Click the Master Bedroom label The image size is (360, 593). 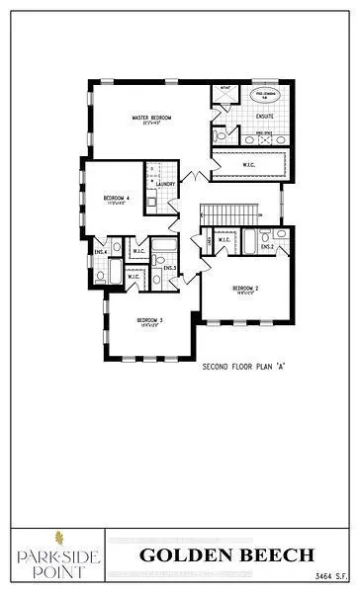click(152, 119)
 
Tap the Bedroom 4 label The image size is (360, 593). click(116, 199)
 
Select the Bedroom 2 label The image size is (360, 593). click(245, 290)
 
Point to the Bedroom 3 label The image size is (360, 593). click(149, 322)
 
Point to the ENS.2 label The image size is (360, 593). click(267, 246)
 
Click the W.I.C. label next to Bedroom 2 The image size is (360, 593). click(224, 239)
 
